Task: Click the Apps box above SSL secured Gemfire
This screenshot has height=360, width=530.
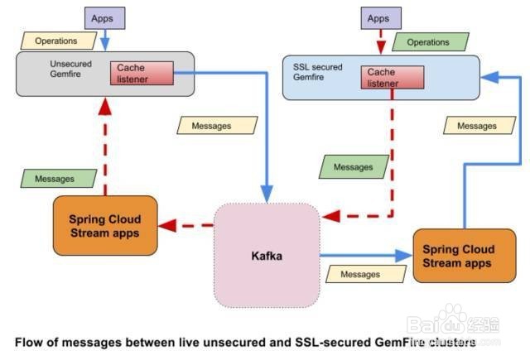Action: (x=378, y=18)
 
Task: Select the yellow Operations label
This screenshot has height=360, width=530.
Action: (x=56, y=41)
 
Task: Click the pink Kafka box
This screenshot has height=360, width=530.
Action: (x=267, y=255)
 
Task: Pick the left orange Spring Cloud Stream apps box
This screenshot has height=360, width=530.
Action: (x=104, y=225)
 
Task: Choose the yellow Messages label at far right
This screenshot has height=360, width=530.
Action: (x=477, y=126)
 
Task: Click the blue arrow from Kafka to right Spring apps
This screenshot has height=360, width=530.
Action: (x=364, y=257)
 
